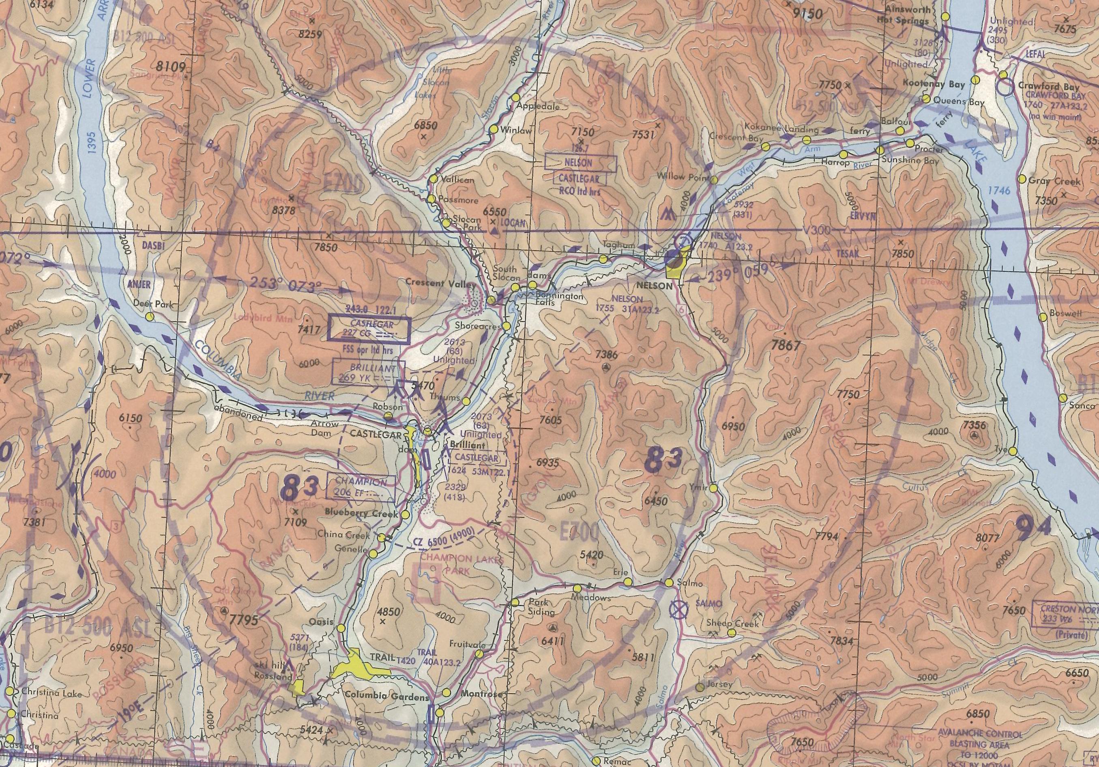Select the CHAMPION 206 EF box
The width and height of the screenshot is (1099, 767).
click(361, 488)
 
